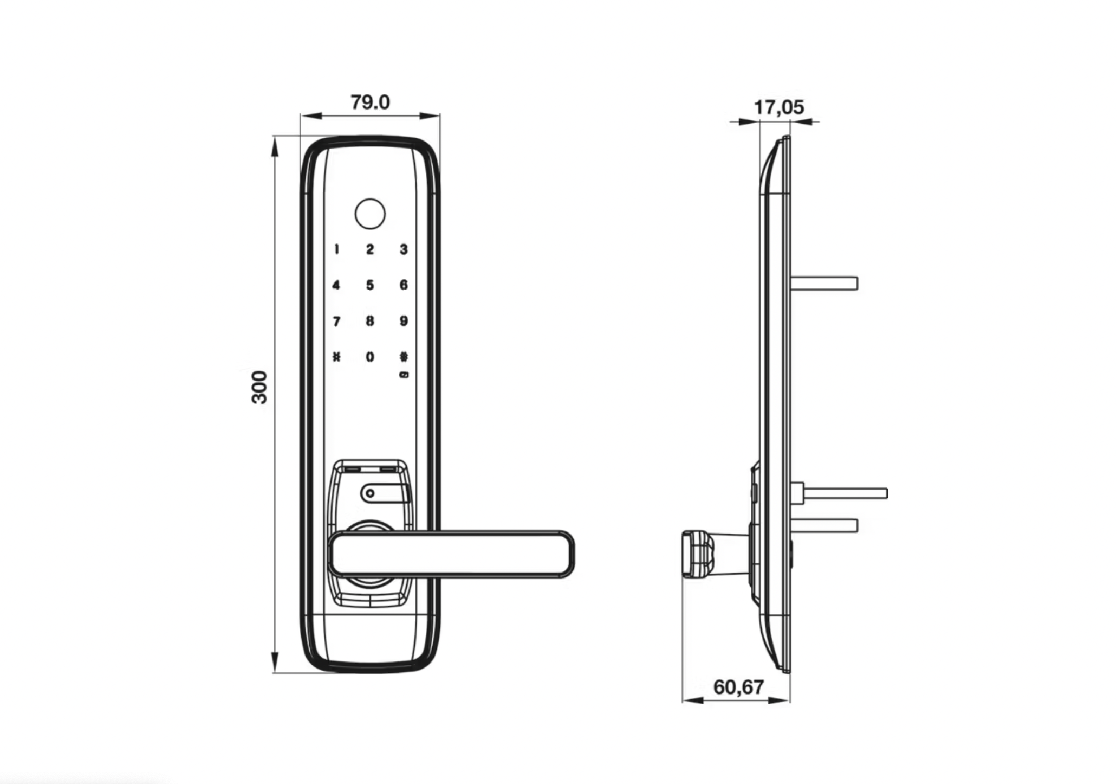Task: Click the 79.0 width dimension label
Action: pos(370,102)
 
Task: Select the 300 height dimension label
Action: pos(259,387)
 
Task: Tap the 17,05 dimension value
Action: pos(779,107)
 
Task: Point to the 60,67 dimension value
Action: pos(738,687)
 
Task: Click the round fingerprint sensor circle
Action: pos(370,214)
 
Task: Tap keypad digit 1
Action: pos(337,249)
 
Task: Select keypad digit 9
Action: pos(404,321)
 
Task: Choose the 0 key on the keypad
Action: pos(370,357)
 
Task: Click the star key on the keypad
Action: pos(337,357)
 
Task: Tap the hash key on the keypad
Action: pos(404,357)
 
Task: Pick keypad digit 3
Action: pos(404,249)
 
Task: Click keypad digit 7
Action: pos(337,322)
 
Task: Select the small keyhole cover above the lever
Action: pos(384,493)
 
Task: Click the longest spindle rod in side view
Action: pos(845,493)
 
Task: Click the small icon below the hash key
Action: pos(404,375)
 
